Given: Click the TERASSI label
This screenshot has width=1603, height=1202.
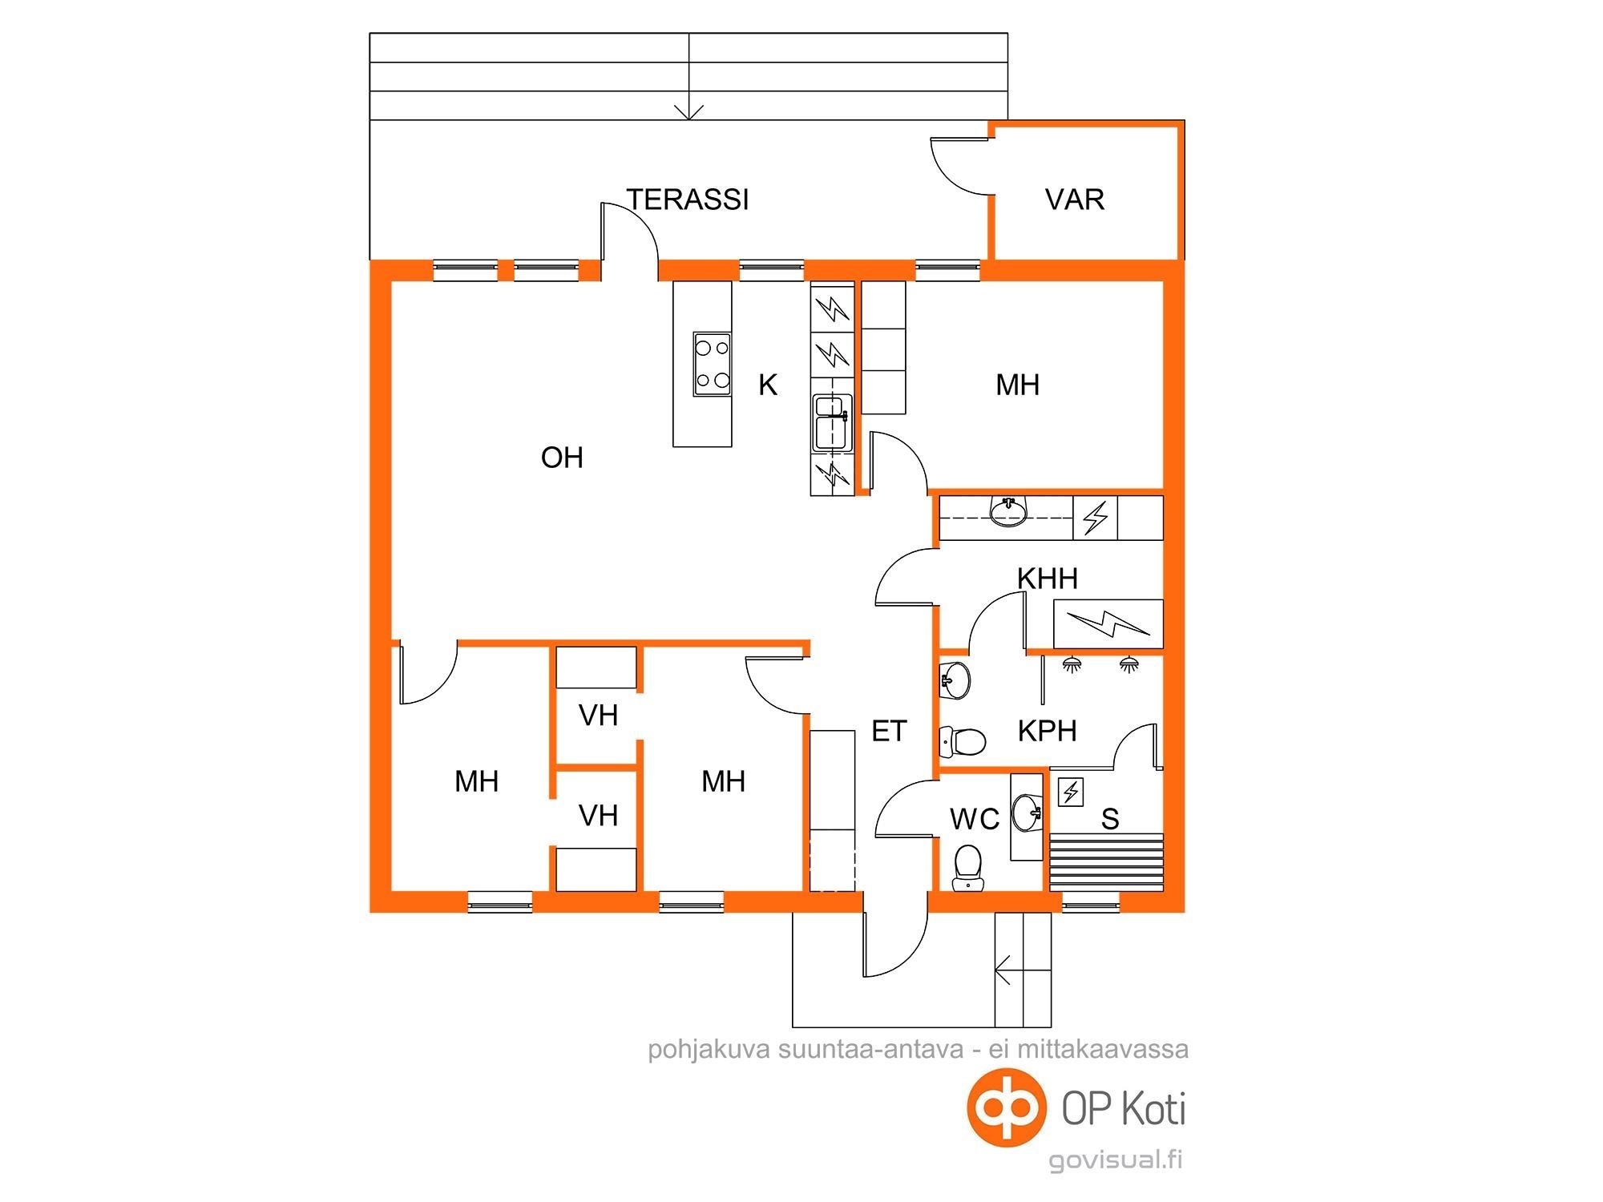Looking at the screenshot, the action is (x=688, y=200).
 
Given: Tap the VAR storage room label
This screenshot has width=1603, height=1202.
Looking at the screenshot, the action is (x=1075, y=200).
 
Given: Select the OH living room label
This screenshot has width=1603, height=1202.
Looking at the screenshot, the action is (x=562, y=458).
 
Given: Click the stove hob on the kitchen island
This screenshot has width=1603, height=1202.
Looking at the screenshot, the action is (x=712, y=365).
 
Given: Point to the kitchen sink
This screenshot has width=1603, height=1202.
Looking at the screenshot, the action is (x=832, y=422).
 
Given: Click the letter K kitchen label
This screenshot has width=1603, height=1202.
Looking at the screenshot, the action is (x=768, y=385).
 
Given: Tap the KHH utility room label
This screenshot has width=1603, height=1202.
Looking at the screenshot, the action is (x=1048, y=579).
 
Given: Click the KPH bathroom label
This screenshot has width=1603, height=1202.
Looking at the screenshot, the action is (x=1047, y=731).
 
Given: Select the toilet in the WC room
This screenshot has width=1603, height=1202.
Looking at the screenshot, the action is (x=967, y=867).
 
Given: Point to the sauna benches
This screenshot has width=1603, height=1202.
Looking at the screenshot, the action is (x=1106, y=861).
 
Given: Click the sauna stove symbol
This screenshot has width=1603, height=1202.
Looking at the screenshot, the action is (x=1071, y=792).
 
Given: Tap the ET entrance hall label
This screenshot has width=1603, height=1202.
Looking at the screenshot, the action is (x=889, y=731).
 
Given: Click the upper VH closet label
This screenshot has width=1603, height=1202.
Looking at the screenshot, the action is (x=598, y=716).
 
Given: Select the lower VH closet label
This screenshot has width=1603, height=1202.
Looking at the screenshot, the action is (x=598, y=816).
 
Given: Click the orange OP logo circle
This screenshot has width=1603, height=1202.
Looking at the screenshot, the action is (x=1007, y=1108).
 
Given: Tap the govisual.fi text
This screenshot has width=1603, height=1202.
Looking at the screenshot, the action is (x=1116, y=1160).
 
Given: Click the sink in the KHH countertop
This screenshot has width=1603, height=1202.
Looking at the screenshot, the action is (x=1007, y=511).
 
